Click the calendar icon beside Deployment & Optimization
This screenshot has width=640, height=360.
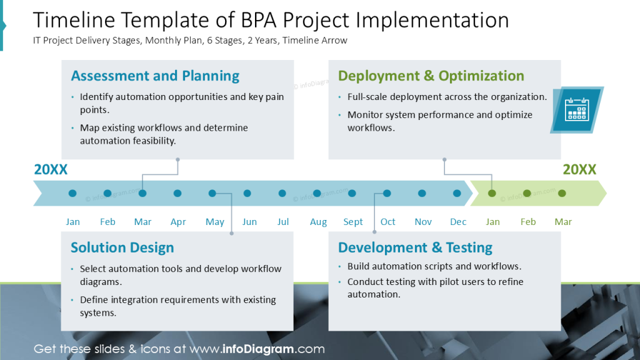point(577,109)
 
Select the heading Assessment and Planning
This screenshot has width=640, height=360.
point(155,76)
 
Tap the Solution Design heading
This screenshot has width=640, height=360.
point(122,247)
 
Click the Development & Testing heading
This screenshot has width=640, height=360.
point(415,247)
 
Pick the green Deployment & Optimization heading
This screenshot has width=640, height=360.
point(431,76)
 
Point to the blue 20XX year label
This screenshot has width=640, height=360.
point(51,169)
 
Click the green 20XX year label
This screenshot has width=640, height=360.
point(579,169)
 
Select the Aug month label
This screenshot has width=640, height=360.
point(318,222)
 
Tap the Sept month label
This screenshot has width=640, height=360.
point(353,222)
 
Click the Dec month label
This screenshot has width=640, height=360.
point(458,222)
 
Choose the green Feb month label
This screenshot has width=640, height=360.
point(528,222)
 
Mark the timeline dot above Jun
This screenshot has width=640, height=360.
point(247,194)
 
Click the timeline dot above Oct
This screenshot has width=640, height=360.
point(387,194)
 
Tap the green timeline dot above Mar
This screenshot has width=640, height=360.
point(562,194)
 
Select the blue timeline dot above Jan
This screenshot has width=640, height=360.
point(72,194)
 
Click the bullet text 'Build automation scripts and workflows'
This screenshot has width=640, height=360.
point(434,266)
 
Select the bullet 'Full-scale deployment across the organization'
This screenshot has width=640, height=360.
point(447,97)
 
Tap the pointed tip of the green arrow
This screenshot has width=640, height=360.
point(605,194)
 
